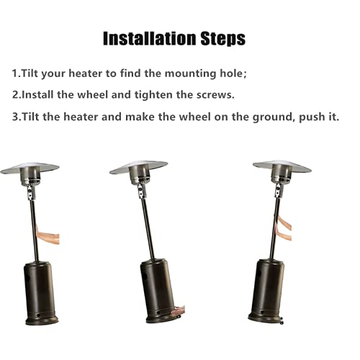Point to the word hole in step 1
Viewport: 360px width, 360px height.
click(233, 74)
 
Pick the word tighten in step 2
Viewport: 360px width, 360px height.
click(170, 95)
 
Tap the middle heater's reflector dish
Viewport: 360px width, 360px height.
click(139, 168)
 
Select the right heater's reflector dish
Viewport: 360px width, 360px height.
click(282, 166)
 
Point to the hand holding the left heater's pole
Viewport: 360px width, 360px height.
click(48, 237)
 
